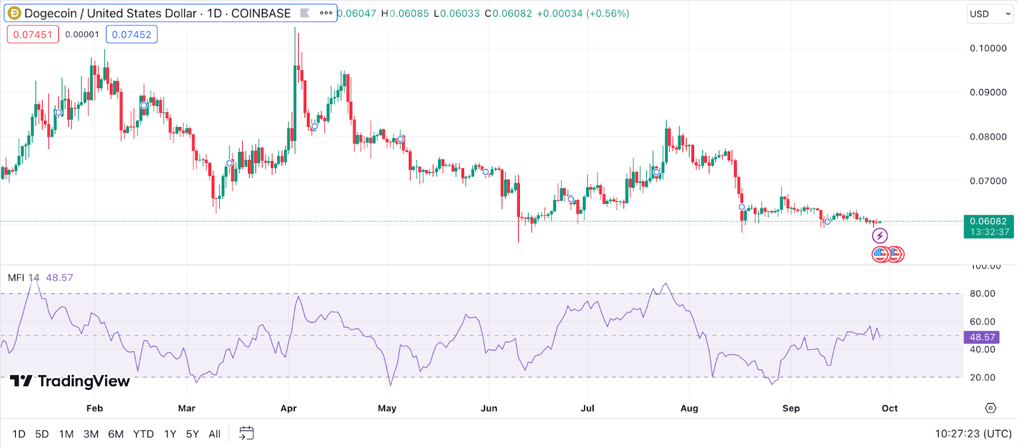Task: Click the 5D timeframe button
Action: coord(42,434)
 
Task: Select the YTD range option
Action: coord(143,434)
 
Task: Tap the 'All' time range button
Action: coord(214,434)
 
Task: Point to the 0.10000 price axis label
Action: coord(988,48)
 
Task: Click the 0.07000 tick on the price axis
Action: coord(988,181)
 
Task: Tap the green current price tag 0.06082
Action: coord(988,226)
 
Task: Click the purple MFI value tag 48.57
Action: coord(982,337)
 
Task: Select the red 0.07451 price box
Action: coord(33,34)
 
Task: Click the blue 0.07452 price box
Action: coord(132,34)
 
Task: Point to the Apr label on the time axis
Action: coord(289,408)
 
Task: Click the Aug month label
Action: coord(689,408)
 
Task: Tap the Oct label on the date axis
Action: coord(890,408)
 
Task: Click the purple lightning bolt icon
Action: coord(880,236)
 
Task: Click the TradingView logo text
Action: coord(83,381)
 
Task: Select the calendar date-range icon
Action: coord(246,434)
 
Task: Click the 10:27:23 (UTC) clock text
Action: coord(973,434)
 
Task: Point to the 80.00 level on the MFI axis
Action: coord(982,293)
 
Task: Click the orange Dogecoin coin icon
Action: coord(14,13)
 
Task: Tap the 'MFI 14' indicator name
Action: coord(24,277)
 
